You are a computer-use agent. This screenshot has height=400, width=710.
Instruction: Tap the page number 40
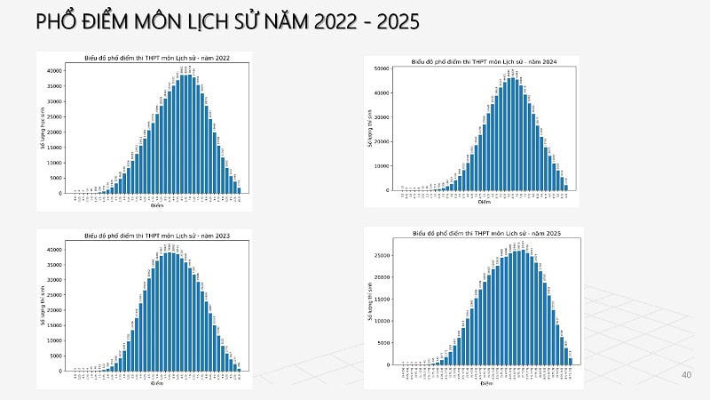[x=685, y=375]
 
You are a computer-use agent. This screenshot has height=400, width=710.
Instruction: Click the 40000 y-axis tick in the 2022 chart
[x=54, y=70]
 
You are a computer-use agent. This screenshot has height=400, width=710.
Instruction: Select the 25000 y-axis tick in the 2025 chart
[x=383, y=255]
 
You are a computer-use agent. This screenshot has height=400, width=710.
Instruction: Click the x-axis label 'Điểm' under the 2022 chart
[x=157, y=205]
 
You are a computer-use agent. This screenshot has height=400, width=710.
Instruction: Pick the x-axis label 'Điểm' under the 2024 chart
[x=484, y=202]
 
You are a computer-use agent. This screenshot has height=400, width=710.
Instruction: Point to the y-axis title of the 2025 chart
[x=371, y=301]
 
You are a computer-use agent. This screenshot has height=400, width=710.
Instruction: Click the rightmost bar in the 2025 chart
[x=571, y=361]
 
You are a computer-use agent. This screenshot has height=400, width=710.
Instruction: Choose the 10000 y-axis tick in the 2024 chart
[x=383, y=165]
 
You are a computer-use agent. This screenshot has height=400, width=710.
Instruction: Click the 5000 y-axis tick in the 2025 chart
[x=385, y=342]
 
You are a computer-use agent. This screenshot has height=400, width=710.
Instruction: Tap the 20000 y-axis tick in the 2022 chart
[x=54, y=132]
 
